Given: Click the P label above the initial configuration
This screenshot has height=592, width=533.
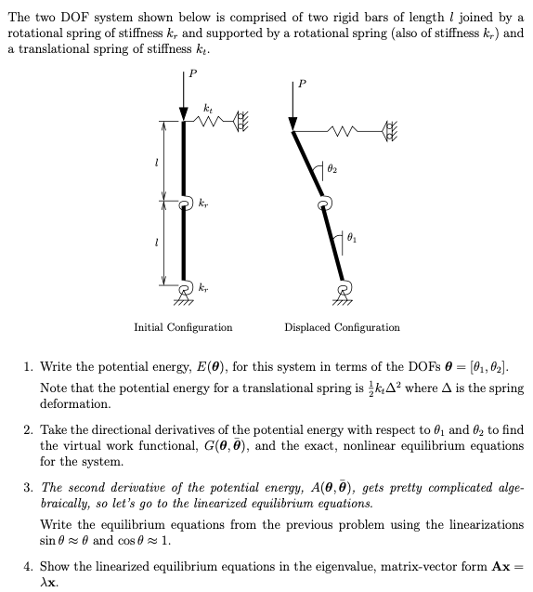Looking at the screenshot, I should tap(192, 73).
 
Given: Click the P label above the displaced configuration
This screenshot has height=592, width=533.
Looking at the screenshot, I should tap(300, 86).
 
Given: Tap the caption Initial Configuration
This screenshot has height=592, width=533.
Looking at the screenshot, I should tap(183, 327).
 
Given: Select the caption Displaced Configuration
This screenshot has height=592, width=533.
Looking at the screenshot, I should tap(343, 327).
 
